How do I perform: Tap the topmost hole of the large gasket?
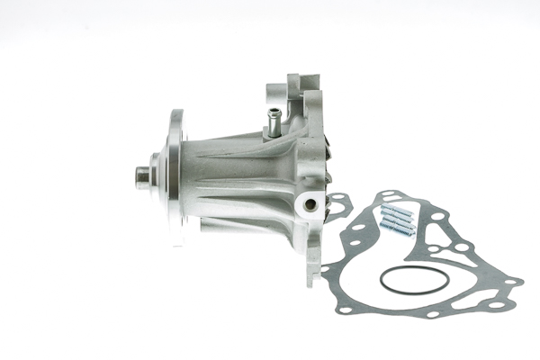tap(388, 195)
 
